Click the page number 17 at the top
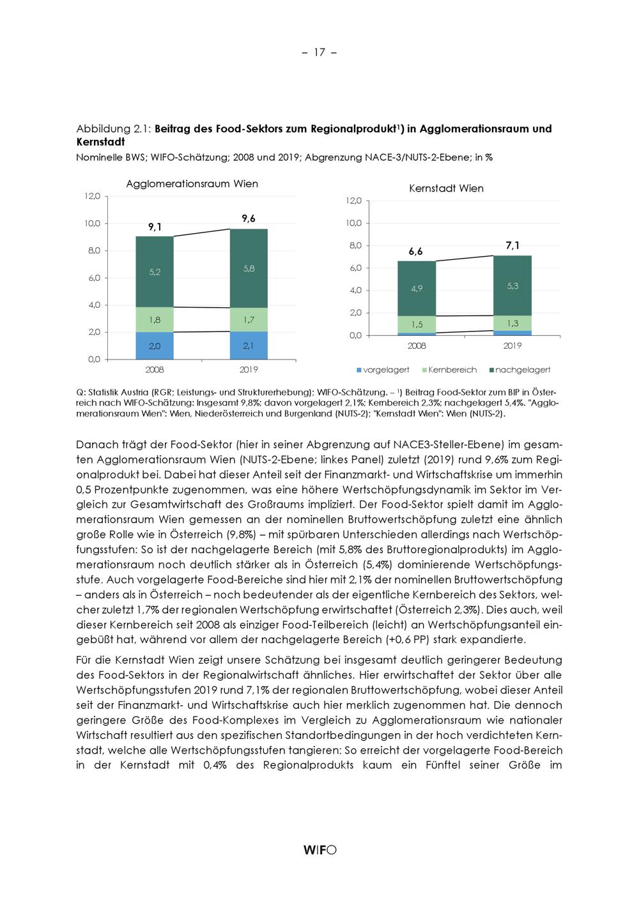point(319,52)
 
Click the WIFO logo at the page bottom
point(319,849)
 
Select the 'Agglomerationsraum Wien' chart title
point(192,184)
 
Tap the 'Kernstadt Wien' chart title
point(446,188)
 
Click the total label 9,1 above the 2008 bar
point(155,226)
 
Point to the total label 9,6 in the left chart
point(249,218)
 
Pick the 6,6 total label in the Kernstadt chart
point(416,252)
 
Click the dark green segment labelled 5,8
point(249,269)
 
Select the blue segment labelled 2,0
point(155,346)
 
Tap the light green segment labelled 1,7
point(249,319)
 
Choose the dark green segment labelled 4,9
point(416,289)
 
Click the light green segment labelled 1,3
point(512,323)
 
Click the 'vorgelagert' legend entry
point(383,370)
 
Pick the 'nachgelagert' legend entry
point(519,370)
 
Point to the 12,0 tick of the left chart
point(91,197)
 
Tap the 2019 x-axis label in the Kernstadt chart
point(512,346)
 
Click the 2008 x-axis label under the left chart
point(155,370)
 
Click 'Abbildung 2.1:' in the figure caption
point(112,128)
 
